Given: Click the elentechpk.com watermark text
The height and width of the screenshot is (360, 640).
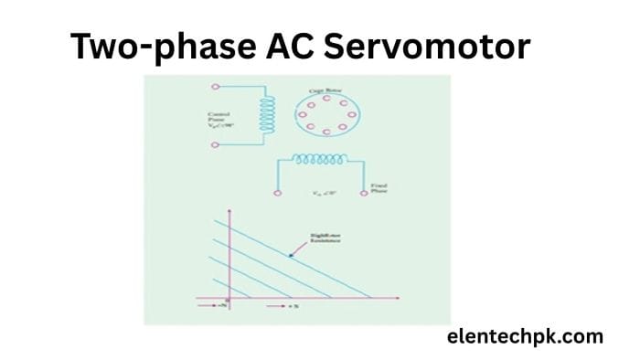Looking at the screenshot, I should pos(526,336).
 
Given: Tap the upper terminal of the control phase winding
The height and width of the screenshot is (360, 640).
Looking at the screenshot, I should pos(216,88).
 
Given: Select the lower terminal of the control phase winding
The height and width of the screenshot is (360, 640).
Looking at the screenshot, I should pos(216,144).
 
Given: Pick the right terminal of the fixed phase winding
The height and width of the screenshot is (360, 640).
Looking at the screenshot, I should pos(364,193).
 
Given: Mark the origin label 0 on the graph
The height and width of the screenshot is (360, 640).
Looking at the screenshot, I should pos(229,303).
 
